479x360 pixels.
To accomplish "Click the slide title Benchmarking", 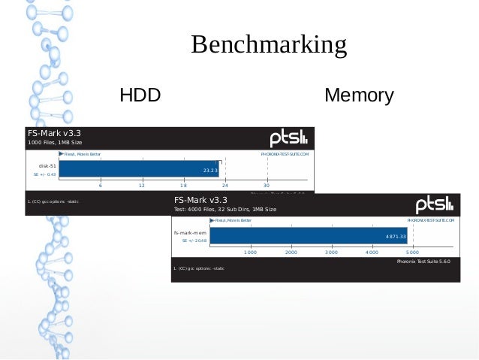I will pyautogui.click(x=268, y=45).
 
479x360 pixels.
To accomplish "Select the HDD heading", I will pyautogui.click(x=140, y=96).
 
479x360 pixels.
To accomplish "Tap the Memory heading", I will pyautogui.click(x=359, y=96).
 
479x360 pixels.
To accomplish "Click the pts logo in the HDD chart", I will pyautogui.click(x=288, y=138).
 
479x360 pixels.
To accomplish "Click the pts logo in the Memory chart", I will pyautogui.click(x=435, y=204).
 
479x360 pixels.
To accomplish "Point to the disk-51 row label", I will pyautogui.click(x=47, y=165).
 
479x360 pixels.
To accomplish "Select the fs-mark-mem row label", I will pyautogui.click(x=190, y=233).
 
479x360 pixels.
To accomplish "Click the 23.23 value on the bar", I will pyautogui.click(x=210, y=171).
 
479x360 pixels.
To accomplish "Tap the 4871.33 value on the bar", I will pyautogui.click(x=396, y=237).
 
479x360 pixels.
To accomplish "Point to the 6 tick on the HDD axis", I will pyautogui.click(x=101, y=185).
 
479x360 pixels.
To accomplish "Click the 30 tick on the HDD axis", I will pyautogui.click(x=266, y=185).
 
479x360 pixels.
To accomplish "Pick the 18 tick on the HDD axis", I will pyautogui.click(x=183, y=185).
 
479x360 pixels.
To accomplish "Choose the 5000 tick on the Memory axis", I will pyautogui.click(x=412, y=253).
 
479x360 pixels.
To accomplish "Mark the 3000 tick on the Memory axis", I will pyautogui.click(x=331, y=253).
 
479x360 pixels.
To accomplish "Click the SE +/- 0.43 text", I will pyautogui.click(x=45, y=174).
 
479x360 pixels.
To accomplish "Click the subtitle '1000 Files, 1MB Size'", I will pyautogui.click(x=55, y=142).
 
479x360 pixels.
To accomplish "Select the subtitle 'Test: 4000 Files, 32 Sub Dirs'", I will pyautogui.click(x=224, y=209).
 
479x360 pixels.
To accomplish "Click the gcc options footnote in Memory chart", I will pyautogui.click(x=198, y=268).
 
